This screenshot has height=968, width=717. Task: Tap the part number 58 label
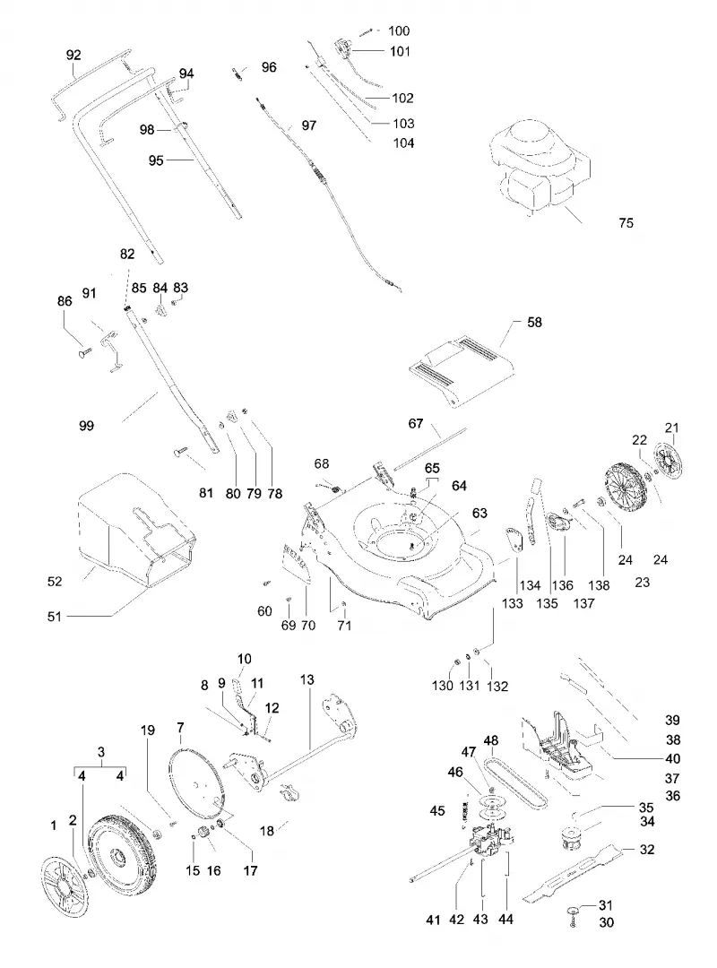click(x=534, y=323)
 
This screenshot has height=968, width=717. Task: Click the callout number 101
click(x=401, y=51)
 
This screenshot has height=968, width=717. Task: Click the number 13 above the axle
click(x=307, y=679)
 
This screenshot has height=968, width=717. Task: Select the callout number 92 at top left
click(x=73, y=55)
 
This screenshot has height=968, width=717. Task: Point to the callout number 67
click(x=416, y=423)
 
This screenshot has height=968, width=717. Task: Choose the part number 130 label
click(x=442, y=686)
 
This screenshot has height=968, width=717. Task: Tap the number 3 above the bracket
click(x=101, y=752)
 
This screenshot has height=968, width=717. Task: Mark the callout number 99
click(x=86, y=426)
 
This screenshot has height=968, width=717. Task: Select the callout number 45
click(x=437, y=810)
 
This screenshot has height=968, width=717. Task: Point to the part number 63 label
click(x=479, y=513)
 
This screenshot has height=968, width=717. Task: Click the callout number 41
click(x=434, y=920)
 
